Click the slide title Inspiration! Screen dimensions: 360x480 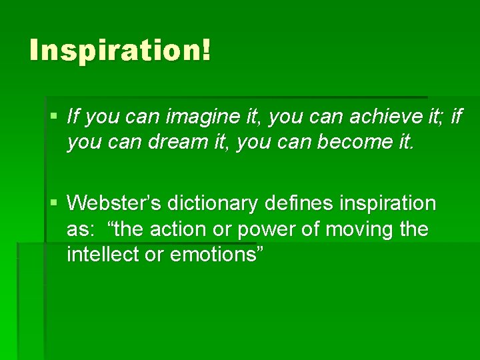point(120,51)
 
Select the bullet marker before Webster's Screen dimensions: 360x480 point(55,202)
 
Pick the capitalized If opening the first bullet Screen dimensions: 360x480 point(74,117)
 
